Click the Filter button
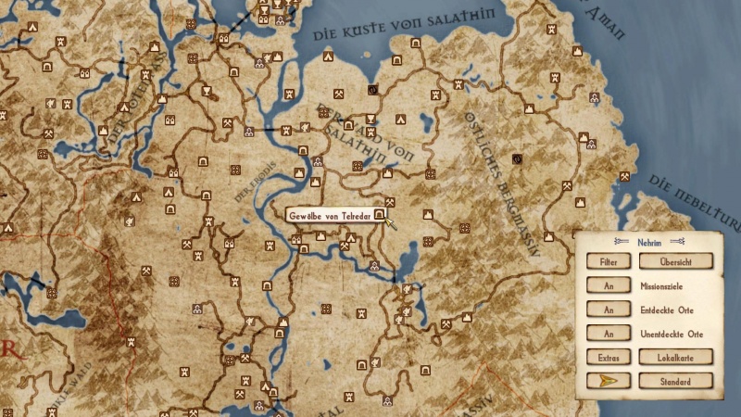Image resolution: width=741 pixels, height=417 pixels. pos(609,262)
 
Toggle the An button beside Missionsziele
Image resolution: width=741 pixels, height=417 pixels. pos(609,286)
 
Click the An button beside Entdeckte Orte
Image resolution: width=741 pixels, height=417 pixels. pos(609,310)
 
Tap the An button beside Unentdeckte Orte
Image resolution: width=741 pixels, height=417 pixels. pos(609,334)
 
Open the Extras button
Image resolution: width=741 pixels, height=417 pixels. pos(609,357)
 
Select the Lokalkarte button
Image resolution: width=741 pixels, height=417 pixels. pos(676,357)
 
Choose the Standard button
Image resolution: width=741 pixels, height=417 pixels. pos(676,381)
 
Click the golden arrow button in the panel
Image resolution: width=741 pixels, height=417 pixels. pos(609,381)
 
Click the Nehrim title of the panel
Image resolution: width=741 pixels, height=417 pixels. pos(649,242)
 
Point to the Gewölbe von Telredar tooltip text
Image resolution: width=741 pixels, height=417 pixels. pos(330,215)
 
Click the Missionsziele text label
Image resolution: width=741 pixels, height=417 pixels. pos(661,286)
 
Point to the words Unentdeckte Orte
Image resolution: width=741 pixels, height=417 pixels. pos(672,334)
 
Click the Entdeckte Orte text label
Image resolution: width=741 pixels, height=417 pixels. pos(667,310)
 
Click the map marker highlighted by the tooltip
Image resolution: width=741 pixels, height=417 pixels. pos(380,214)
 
